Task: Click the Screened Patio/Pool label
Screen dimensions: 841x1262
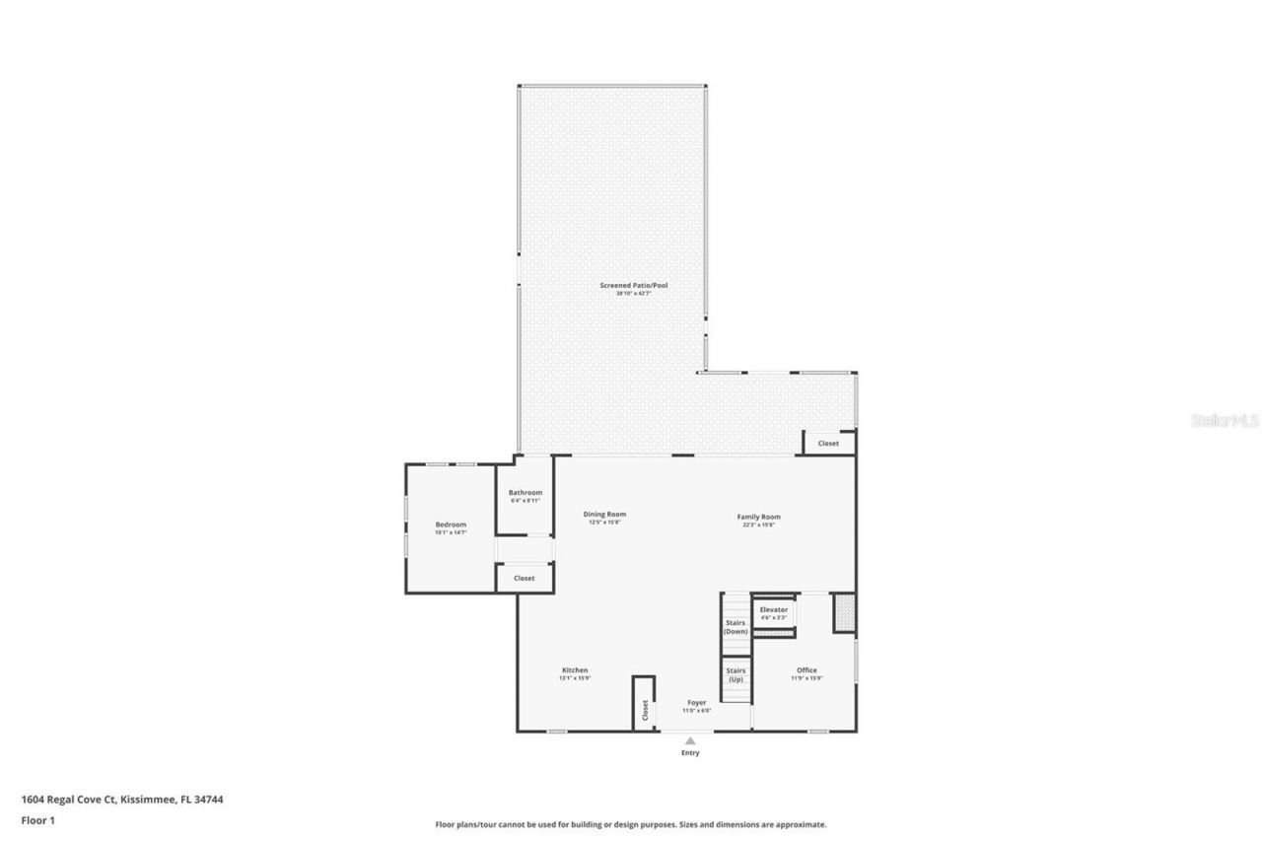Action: coord(634,286)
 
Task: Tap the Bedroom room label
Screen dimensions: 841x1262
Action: coord(451,525)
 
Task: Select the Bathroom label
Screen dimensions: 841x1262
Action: coord(526,493)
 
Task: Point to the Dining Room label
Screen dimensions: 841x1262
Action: coord(604,515)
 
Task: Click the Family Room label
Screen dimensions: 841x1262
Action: coord(759,517)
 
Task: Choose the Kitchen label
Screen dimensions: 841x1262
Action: coord(575,670)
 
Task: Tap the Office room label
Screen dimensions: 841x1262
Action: coord(806,670)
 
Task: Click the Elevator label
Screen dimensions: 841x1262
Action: coord(774,610)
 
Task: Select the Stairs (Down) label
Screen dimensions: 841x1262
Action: coord(736,627)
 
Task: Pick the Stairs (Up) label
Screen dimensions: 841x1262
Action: coord(736,675)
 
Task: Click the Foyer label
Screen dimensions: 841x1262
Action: coord(697,703)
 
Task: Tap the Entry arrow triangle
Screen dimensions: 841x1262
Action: coord(690,740)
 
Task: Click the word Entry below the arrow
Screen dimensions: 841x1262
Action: coord(690,753)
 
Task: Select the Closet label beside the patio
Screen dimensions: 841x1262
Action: coord(828,444)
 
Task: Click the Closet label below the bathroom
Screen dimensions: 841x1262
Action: coord(525,578)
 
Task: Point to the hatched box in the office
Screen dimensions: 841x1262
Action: coord(843,612)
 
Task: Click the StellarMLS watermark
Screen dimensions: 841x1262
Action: coord(1225,420)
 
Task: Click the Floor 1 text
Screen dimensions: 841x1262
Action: coord(37,819)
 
